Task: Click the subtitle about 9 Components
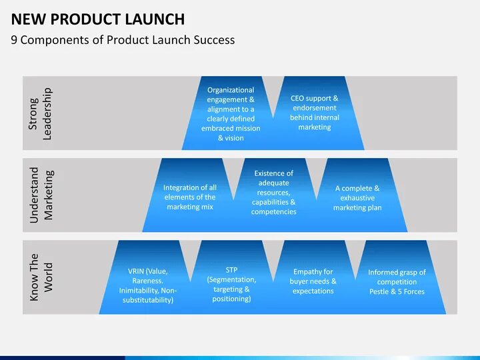(123, 40)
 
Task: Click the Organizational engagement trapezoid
(231, 113)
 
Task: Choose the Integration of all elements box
(190, 197)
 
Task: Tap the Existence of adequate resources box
(273, 192)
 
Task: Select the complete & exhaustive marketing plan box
(357, 197)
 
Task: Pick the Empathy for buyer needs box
(313, 281)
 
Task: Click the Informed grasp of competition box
(397, 281)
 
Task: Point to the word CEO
(298, 99)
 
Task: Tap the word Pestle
(379, 291)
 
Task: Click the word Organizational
(231, 90)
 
